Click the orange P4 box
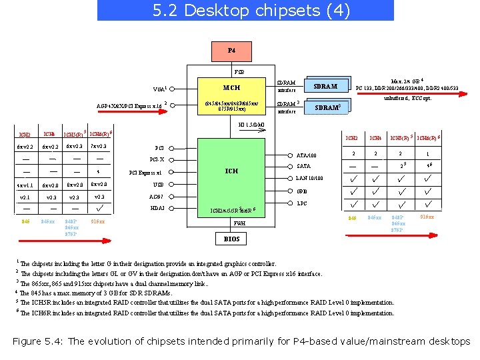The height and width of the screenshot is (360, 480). coord(231,51)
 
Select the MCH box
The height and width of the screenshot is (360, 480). coord(231,87)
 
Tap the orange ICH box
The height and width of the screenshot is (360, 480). coord(231,171)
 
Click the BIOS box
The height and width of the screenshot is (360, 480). coord(231,239)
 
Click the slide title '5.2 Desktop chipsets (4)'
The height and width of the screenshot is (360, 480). coord(245,11)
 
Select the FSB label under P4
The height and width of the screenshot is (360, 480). coord(239,71)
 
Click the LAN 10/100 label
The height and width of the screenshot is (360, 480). coord(309,178)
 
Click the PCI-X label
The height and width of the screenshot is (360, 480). coord(157,159)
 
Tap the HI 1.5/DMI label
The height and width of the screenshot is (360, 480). coord(251,125)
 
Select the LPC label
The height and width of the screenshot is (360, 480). coord(302,203)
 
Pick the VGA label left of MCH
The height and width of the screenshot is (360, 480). coord(159,89)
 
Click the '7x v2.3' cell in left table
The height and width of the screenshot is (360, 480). coord(99,147)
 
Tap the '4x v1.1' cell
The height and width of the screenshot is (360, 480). coord(25,185)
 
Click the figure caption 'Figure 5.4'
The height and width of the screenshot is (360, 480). coord(241,341)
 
